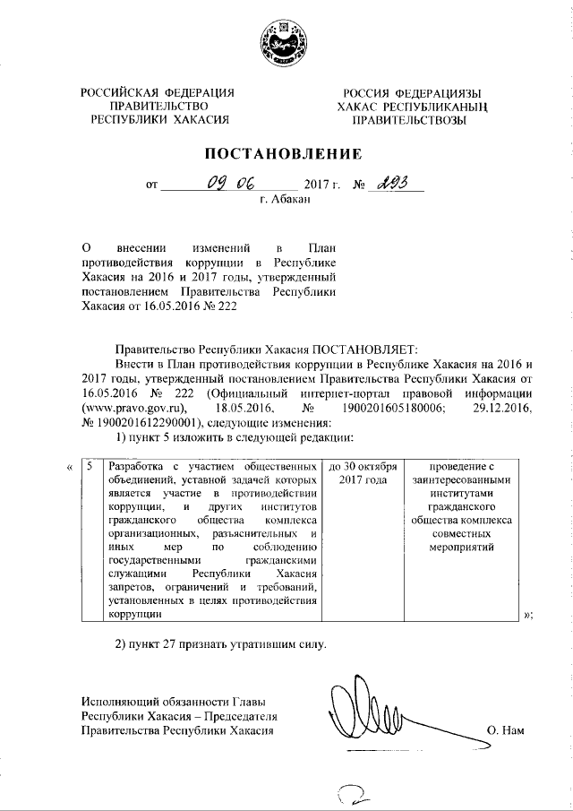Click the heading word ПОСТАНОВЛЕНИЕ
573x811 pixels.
[286, 153]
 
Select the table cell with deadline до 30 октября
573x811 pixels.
[363, 473]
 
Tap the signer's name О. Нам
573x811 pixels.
[506, 731]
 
